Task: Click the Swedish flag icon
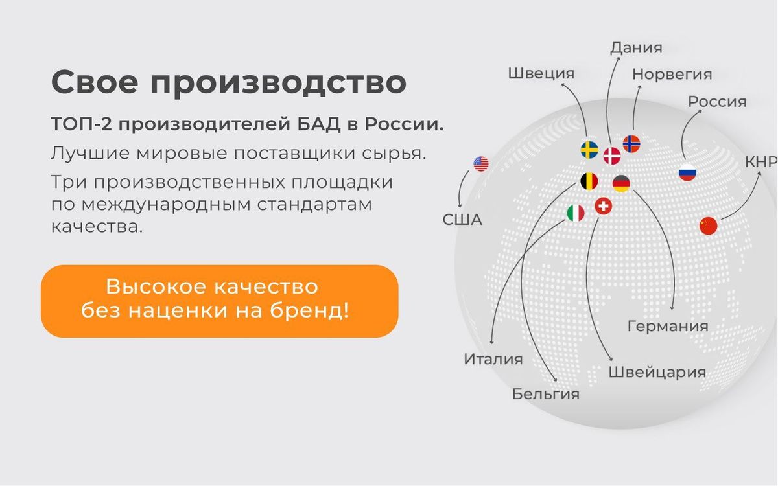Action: (x=589, y=150)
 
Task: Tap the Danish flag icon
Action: (x=612, y=156)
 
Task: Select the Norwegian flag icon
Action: (x=631, y=144)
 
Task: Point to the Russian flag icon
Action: (x=687, y=172)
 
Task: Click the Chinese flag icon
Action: (x=708, y=226)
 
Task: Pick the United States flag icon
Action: (x=481, y=164)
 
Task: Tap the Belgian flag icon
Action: (x=589, y=181)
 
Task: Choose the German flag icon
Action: (x=621, y=183)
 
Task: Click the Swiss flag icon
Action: (x=604, y=206)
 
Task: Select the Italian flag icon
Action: (x=576, y=213)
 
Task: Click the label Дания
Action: (x=636, y=48)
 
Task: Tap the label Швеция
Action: (x=541, y=74)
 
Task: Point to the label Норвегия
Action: (x=672, y=75)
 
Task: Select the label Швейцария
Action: (x=657, y=372)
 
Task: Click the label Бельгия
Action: (x=546, y=394)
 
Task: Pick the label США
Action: (x=462, y=220)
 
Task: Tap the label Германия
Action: (x=668, y=327)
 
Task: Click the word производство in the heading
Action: (x=278, y=83)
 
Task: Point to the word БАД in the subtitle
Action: (x=318, y=124)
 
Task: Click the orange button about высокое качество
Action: (x=220, y=301)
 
